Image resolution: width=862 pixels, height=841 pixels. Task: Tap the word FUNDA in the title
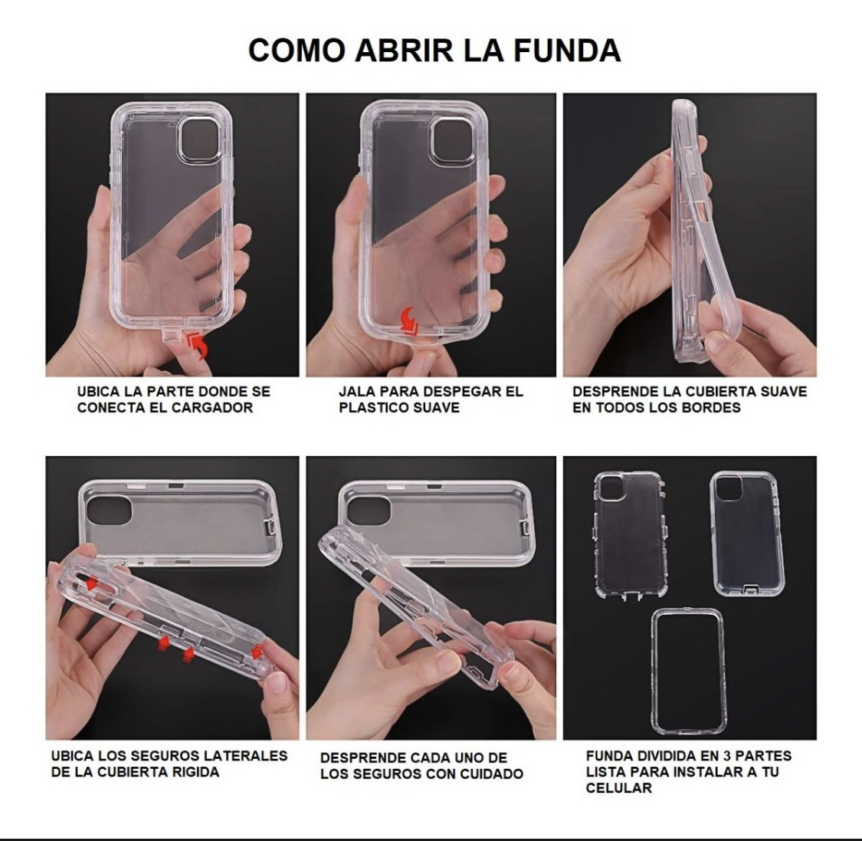(x=566, y=50)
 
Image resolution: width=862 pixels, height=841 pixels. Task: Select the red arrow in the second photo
(x=410, y=320)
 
